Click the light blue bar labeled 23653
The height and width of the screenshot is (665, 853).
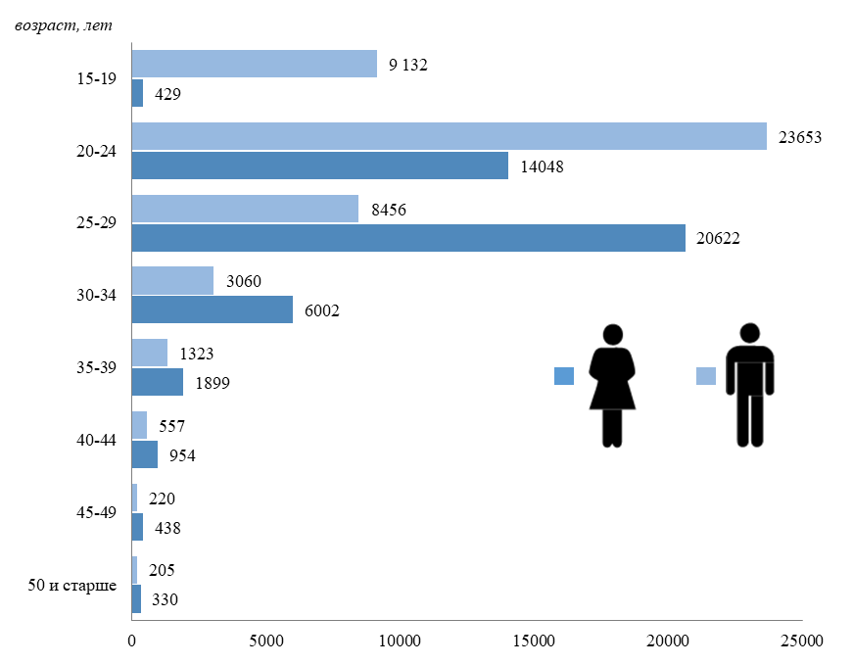click(449, 136)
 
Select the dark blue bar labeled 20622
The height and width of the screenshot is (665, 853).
click(408, 238)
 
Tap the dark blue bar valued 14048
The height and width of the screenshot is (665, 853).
click(319, 166)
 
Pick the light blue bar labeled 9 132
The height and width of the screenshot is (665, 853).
click(254, 64)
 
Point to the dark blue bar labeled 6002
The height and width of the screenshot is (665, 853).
click(212, 309)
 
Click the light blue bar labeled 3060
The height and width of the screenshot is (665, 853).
click(172, 281)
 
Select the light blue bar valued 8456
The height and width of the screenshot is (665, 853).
click(245, 209)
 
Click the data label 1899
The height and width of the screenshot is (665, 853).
click(212, 384)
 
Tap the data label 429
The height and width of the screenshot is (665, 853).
click(167, 94)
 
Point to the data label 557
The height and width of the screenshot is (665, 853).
click(171, 426)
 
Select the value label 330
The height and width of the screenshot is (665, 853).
click(164, 599)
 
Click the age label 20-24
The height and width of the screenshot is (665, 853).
click(96, 151)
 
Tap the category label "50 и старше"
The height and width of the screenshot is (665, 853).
click(72, 586)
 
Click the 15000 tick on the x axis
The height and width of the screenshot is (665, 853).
click(534, 641)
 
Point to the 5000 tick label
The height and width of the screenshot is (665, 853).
click(265, 641)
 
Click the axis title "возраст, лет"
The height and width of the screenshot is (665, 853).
click(65, 24)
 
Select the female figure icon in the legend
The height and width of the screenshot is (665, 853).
click(612, 385)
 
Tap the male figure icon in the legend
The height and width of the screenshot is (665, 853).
click(749, 385)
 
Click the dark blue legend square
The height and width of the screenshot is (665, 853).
click(563, 376)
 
